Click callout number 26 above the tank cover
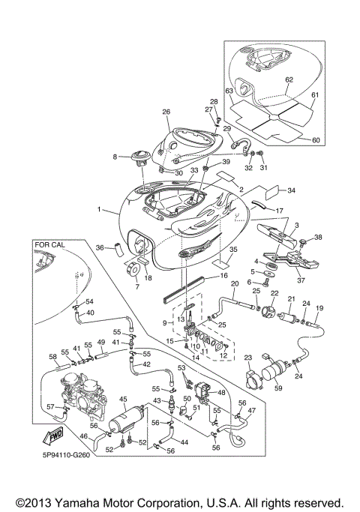click(x=166, y=112)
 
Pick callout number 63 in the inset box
click(x=229, y=91)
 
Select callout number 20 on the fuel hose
click(x=234, y=285)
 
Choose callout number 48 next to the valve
click(x=221, y=392)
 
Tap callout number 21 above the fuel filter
click(x=290, y=300)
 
